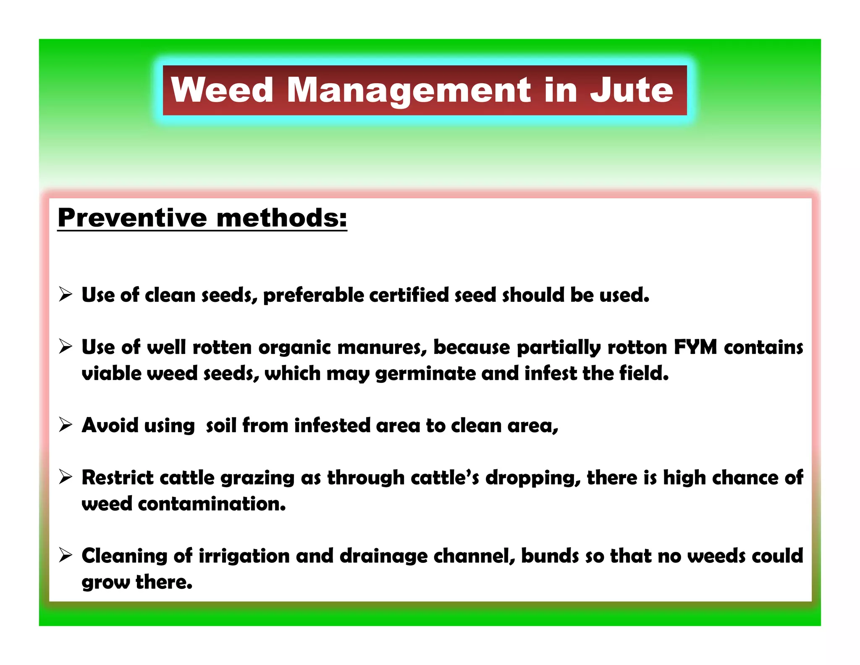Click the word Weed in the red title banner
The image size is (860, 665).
pos(222,90)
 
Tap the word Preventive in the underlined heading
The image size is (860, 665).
pos(132,218)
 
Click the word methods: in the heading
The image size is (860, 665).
pos(281,218)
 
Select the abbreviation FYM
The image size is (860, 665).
pos(695,347)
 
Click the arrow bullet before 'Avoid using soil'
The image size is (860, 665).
pos(66,425)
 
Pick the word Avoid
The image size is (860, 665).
pos(110,425)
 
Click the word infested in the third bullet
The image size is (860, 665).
pos(332,425)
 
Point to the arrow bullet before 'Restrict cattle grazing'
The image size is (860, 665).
pos(66,477)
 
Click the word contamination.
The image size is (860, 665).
pos(212,504)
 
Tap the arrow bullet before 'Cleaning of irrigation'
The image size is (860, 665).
pos(66,555)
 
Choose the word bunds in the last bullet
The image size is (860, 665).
pos(550,556)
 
